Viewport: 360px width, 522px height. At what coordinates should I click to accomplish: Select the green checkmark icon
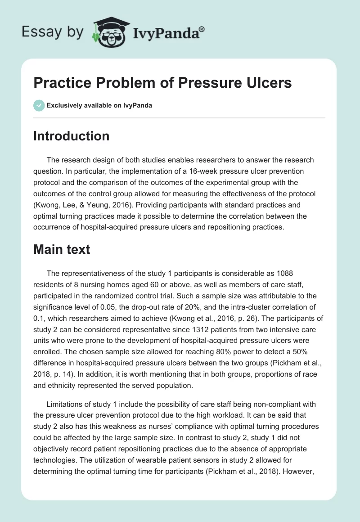[39, 105]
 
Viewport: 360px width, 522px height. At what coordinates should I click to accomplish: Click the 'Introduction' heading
[71, 136]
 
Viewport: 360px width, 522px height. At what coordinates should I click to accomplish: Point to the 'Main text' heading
[62, 249]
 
